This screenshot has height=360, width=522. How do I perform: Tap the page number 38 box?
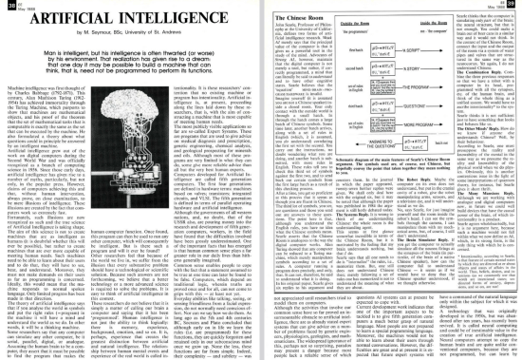(x=9, y=8)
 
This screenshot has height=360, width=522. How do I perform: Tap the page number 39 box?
(x=513, y=8)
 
